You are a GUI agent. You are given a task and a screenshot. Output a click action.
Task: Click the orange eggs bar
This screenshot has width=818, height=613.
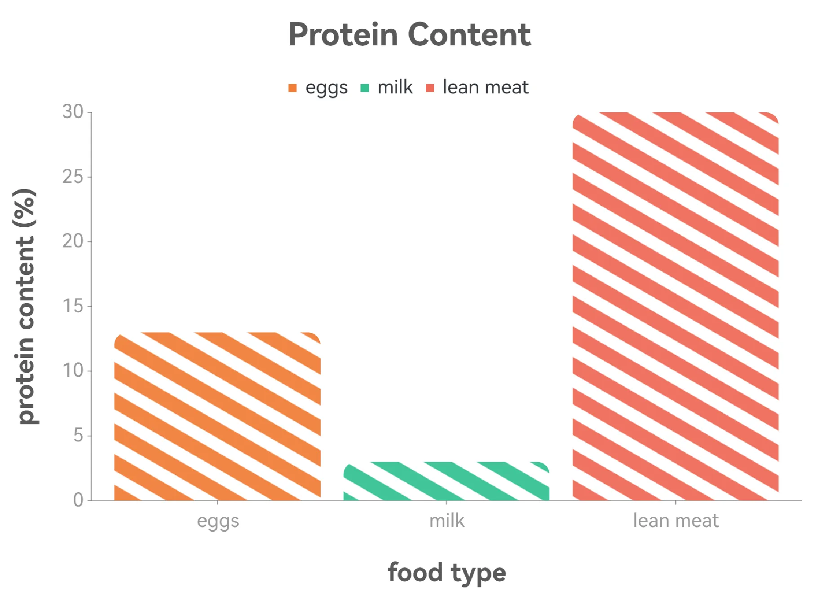(217, 416)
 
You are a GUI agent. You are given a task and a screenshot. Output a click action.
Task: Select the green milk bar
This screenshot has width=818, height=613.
(446, 481)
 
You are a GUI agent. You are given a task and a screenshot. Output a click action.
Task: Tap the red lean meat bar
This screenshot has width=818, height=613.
(675, 306)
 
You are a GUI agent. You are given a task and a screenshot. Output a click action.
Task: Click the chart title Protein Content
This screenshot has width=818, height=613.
(409, 35)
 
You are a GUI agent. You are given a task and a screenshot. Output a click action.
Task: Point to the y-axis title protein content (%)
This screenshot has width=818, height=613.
(26, 306)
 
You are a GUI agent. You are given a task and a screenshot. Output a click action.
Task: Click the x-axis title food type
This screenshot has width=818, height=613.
(447, 573)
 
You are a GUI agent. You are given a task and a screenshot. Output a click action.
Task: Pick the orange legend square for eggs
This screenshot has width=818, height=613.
(292, 88)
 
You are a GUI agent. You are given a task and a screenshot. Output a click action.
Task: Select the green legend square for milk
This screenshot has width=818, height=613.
(365, 88)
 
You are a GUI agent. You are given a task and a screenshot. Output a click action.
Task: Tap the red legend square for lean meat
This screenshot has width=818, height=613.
(430, 88)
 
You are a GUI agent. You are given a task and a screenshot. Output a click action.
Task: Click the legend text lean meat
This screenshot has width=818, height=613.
(486, 87)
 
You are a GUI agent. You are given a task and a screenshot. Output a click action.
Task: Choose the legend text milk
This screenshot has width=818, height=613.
(395, 87)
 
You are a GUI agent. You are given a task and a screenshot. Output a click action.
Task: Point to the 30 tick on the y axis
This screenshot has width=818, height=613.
(73, 112)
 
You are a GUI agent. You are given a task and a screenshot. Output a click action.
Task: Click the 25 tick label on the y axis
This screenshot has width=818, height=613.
(73, 177)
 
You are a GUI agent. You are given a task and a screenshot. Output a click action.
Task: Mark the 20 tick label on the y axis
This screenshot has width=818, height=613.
(73, 242)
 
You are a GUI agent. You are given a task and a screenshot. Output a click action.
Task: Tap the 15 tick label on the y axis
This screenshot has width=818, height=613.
(73, 306)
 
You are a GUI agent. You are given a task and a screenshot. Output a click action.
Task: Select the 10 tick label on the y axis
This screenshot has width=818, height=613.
(73, 371)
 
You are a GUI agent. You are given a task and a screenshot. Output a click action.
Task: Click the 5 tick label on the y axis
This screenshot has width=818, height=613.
(78, 436)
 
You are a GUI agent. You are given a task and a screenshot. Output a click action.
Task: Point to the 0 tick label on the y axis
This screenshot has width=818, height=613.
(78, 500)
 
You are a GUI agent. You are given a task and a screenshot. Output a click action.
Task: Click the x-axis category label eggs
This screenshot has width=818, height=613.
(218, 521)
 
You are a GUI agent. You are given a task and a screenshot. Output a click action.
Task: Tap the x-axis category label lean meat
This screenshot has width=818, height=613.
(676, 520)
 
